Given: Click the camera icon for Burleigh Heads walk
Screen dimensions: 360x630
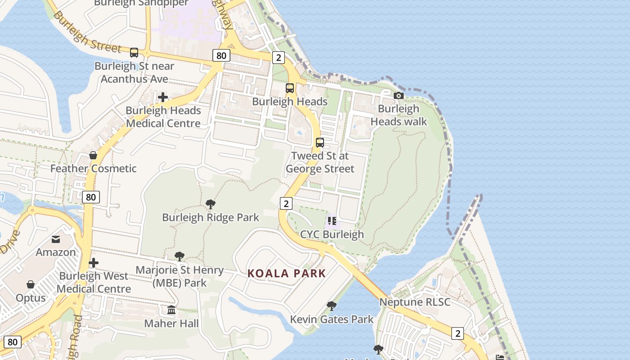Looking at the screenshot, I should (398, 95).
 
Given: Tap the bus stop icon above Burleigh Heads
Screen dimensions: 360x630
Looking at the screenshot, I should (290, 88).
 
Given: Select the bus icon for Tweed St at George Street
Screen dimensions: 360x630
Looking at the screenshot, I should (319, 143).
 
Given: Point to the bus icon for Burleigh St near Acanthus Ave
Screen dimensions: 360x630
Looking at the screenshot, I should (134, 53).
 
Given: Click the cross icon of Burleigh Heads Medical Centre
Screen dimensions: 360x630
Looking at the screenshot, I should (163, 97).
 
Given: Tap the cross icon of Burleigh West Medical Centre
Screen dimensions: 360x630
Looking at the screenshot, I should (94, 263).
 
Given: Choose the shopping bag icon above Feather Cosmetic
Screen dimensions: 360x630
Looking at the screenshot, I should (93, 155).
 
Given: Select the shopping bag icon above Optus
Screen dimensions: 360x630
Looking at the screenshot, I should (31, 284).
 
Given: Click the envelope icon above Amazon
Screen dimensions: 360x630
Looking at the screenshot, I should (56, 239).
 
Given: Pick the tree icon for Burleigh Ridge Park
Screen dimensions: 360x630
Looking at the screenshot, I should (210, 204).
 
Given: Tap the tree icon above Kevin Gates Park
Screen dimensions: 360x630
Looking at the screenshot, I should (332, 306).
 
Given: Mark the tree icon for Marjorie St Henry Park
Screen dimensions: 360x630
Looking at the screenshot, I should (180, 256).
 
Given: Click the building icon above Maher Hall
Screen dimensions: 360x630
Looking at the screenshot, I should (171, 310).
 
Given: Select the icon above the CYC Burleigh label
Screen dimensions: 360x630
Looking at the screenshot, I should (332, 221).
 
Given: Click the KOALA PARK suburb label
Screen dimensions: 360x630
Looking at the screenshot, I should (287, 274).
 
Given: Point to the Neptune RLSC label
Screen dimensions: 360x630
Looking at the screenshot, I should (414, 302).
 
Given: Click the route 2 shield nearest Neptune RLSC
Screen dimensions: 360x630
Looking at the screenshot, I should (458, 333).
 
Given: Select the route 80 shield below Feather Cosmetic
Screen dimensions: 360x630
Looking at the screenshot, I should (91, 197).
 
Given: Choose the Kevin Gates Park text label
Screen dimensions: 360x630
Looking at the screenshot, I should (332, 319).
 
